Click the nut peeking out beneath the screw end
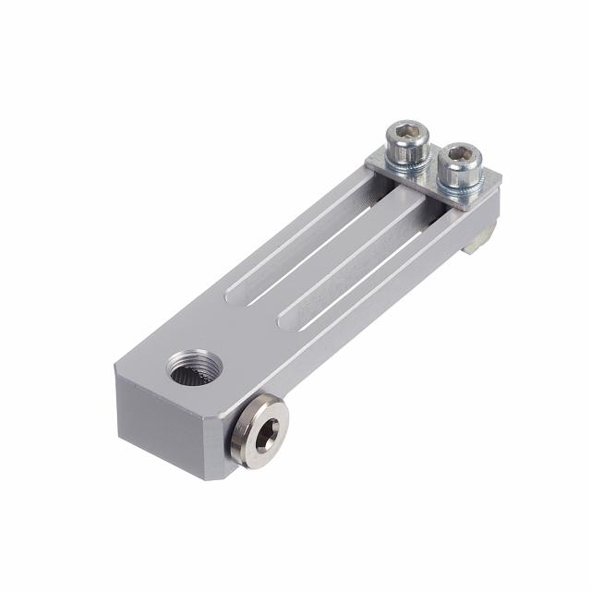[480, 240]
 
